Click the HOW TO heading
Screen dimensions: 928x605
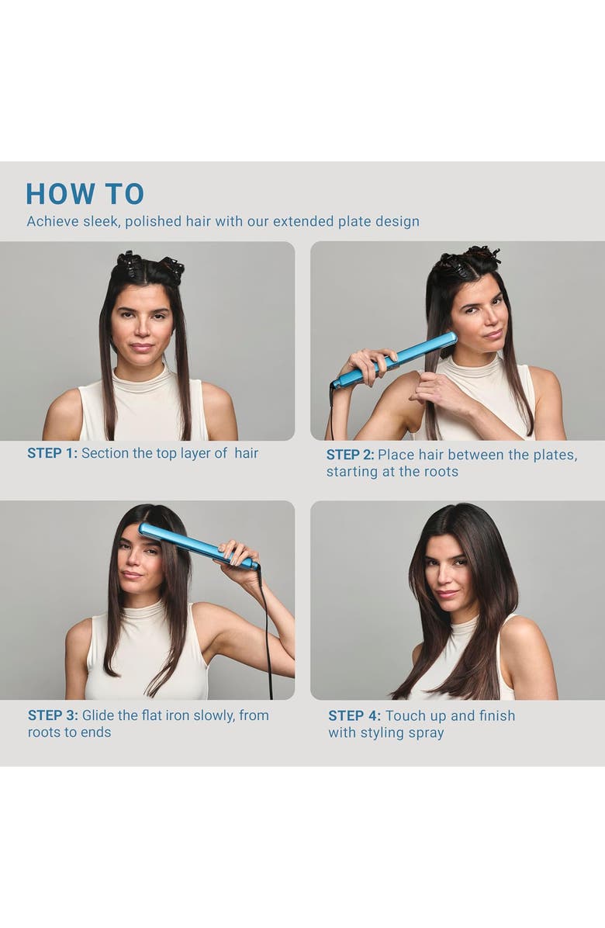tap(85, 194)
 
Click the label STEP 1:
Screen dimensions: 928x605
tap(52, 453)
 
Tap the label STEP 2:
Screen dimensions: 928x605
tap(350, 455)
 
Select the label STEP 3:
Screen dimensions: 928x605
tap(53, 715)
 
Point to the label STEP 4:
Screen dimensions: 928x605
tap(354, 716)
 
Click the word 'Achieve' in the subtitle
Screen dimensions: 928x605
tap(52, 222)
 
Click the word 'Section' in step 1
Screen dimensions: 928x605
tap(105, 453)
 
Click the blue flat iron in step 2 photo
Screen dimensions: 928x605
tap(403, 357)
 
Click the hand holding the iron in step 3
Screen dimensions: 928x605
tap(237, 553)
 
